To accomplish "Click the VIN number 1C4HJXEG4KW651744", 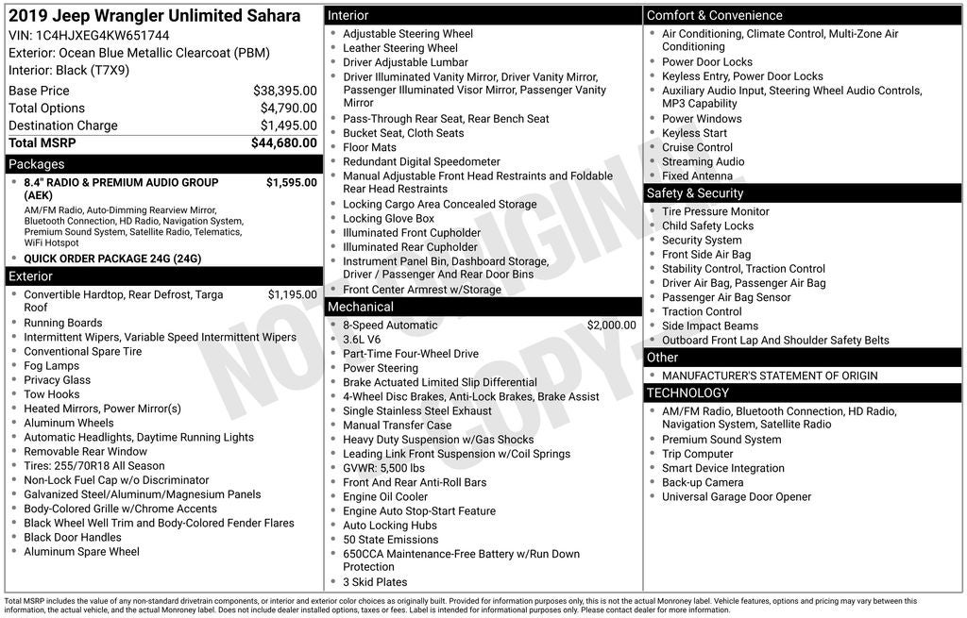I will coord(102,36).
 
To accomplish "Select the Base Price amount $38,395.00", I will coord(285,91).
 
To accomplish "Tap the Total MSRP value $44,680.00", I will coord(284,143).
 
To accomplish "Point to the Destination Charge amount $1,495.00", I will coord(289,125).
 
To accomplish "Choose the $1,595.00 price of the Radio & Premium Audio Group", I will coord(292,183).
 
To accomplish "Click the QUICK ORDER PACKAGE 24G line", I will coord(112,259).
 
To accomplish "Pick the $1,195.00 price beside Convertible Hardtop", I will coord(292,294).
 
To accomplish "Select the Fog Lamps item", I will coord(52,366).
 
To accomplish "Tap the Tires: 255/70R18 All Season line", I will coord(94,466).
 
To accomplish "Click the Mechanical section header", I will coord(360,307).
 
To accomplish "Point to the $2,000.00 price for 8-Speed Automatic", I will coord(611,326).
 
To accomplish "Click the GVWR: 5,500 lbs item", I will coord(384,468).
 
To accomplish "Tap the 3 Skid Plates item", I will coord(375,582).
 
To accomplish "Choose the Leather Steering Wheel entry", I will coord(400,48).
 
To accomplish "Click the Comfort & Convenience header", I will coord(714,15).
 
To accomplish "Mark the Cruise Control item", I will coord(697,147).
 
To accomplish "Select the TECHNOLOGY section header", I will coord(687,393).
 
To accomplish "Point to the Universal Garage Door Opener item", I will coord(737,497).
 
